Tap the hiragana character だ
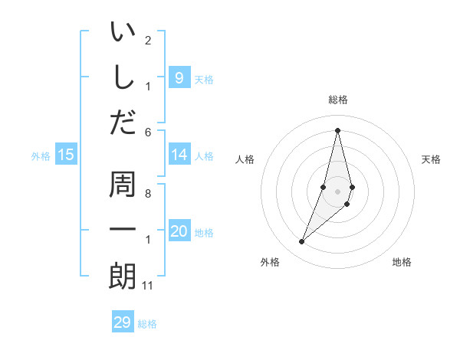[x=123, y=122]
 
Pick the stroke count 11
[x=147, y=286]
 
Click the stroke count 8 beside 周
[x=147, y=193]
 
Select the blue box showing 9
[x=179, y=77]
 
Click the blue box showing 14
[x=179, y=155]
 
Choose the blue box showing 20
[x=179, y=231]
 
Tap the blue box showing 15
[x=66, y=155]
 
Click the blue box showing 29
[x=122, y=322]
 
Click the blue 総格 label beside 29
[x=147, y=324]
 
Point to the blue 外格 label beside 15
[x=41, y=156]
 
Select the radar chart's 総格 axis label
[x=338, y=100]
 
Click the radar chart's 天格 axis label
[x=432, y=159]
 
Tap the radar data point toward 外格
[x=301, y=242]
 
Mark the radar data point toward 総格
[x=338, y=130]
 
